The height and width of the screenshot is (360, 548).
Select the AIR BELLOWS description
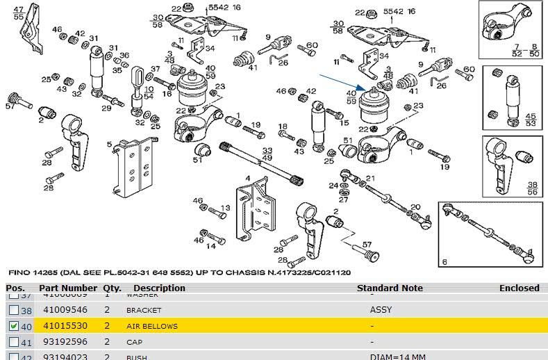click(151, 326)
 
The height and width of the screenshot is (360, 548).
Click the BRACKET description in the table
click(143, 310)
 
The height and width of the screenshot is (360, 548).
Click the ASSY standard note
click(381, 310)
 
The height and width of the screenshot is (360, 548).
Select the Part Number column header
click(68, 288)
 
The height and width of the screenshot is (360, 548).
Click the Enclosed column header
click(519, 288)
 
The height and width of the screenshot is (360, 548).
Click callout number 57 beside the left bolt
click(10, 106)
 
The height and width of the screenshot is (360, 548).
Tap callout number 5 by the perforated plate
click(109, 145)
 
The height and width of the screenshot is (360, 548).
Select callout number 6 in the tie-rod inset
click(444, 262)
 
